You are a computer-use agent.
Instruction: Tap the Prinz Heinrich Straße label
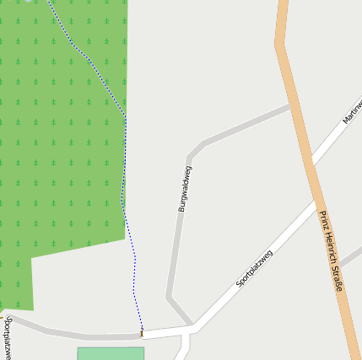click(331, 250)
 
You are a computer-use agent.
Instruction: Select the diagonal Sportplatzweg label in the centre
click(254, 269)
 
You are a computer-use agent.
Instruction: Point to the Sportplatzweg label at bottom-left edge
click(7, 336)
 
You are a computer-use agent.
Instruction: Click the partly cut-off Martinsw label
click(352, 111)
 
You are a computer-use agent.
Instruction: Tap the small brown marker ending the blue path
click(142, 334)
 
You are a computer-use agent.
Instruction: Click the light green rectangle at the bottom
click(111, 353)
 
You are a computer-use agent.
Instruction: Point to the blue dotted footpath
click(125, 169)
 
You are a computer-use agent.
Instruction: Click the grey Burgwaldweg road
click(175, 244)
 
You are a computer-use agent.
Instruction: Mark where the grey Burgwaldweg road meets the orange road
click(290, 105)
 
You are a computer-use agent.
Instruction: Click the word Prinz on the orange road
click(323, 220)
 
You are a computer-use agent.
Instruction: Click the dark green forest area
click(59, 126)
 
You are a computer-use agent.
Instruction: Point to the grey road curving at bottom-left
click(51, 331)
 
